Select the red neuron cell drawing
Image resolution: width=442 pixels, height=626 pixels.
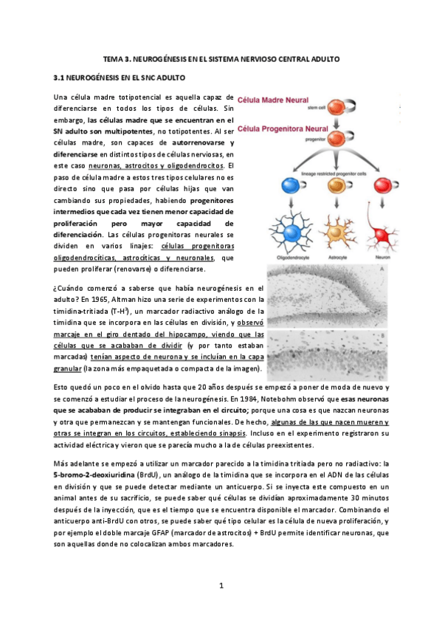[384, 225]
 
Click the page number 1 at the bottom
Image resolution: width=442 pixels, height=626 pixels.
[221, 585]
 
